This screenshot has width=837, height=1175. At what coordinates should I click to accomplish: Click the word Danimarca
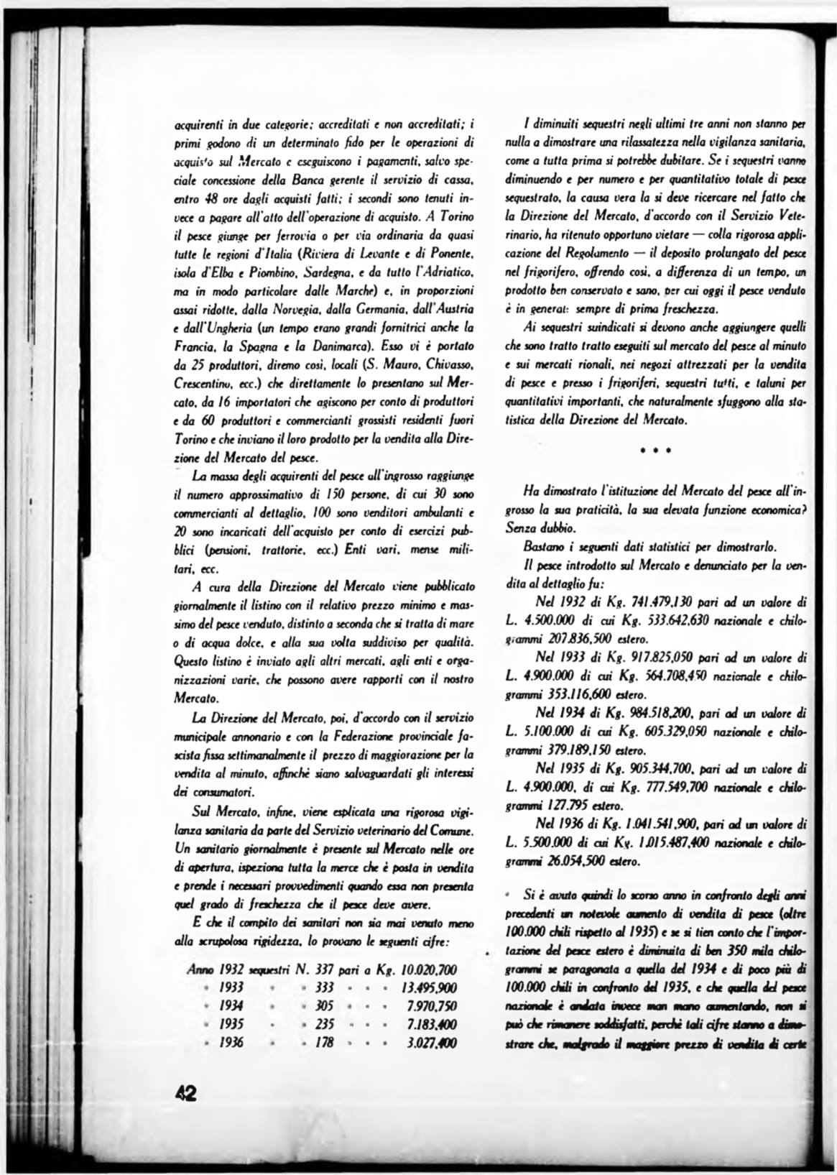(x=354, y=347)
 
